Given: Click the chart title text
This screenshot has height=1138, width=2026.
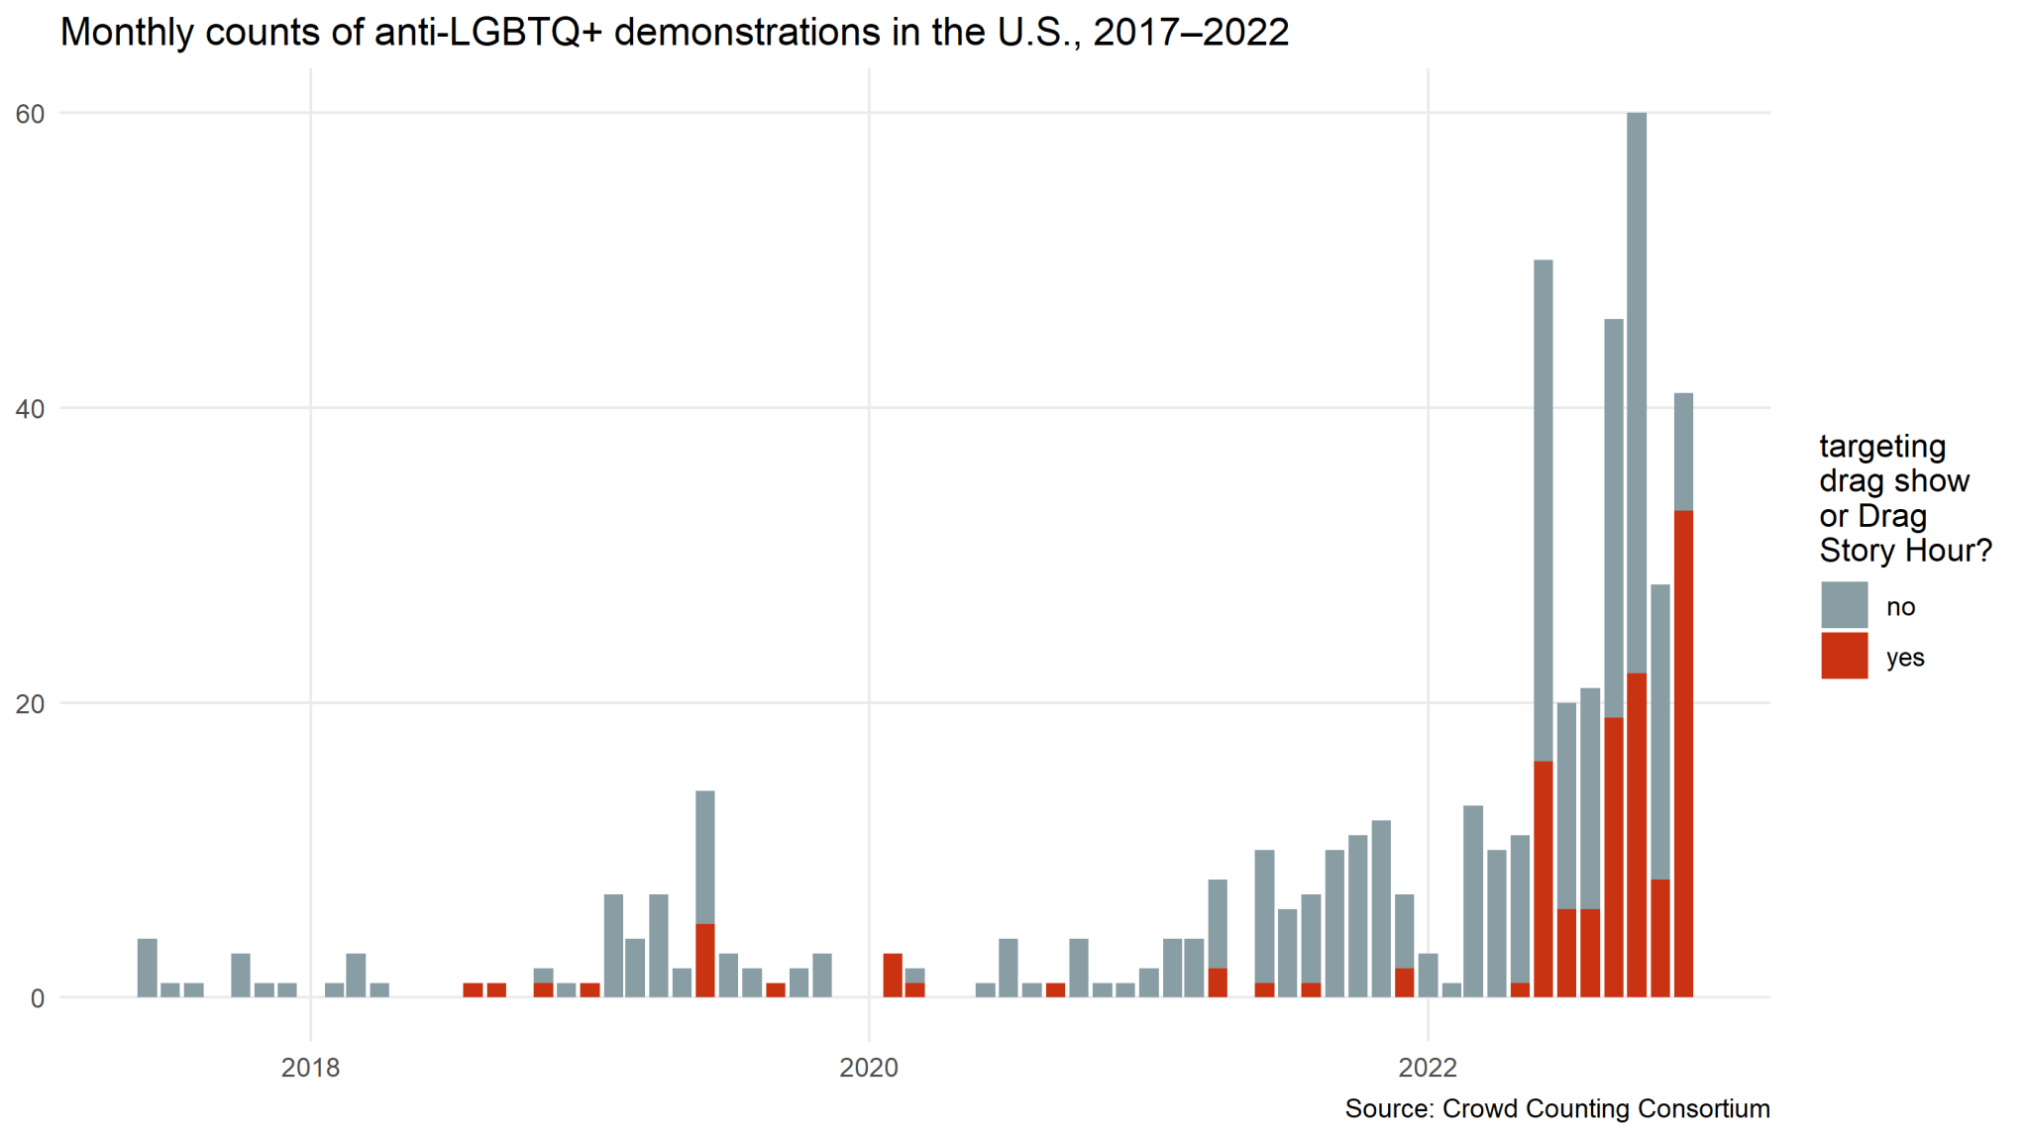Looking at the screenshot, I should (x=674, y=33).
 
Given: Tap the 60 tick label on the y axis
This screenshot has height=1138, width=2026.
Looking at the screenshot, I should (x=31, y=114).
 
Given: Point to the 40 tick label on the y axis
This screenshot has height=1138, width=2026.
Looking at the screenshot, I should (x=31, y=408).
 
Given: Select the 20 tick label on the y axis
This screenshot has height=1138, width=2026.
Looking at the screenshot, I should (x=31, y=703).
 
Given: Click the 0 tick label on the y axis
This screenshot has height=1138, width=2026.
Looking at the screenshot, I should (x=37, y=998).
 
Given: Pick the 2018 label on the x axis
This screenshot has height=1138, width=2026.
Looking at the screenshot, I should (x=310, y=1068).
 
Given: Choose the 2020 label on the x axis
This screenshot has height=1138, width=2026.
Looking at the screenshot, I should (x=869, y=1068).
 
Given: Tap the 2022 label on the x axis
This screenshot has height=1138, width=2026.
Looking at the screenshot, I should (x=1428, y=1068).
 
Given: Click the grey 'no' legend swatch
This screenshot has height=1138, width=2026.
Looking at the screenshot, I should (x=1844, y=605).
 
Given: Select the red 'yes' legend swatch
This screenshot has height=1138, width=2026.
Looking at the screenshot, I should (x=1844, y=656).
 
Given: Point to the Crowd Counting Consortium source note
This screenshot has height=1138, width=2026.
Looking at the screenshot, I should (x=1556, y=1108).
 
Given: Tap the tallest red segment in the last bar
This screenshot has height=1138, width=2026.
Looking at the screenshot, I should (x=1683, y=753).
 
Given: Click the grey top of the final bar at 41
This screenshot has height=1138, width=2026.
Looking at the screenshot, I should (x=1683, y=452).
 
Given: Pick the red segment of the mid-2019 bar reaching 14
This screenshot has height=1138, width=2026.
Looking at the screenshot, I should (x=704, y=960).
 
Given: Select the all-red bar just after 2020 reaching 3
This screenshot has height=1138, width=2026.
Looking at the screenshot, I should (x=892, y=976).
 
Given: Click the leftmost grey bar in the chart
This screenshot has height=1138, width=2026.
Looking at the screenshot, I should (x=147, y=968).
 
